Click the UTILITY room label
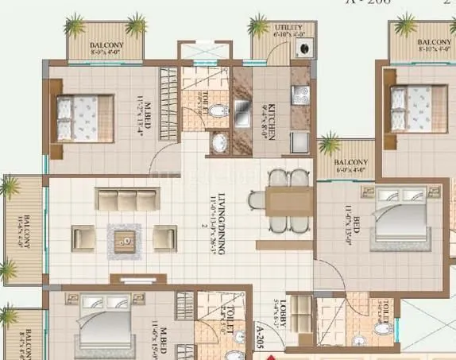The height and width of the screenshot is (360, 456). coord(291,28)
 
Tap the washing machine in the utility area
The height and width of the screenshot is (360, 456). coord(303,48)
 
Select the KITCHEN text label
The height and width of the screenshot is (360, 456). coord(271,121)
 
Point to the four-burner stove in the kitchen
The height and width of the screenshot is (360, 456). coord(300,95)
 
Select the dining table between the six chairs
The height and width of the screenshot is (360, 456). coord(279,199)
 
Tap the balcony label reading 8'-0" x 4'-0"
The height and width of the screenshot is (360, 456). coord(106,48)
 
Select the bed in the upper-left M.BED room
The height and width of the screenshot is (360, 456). coord(78,118)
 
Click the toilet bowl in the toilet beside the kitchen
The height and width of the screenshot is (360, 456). coord(221,116)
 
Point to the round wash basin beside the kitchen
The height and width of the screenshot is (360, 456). coord(219,144)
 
